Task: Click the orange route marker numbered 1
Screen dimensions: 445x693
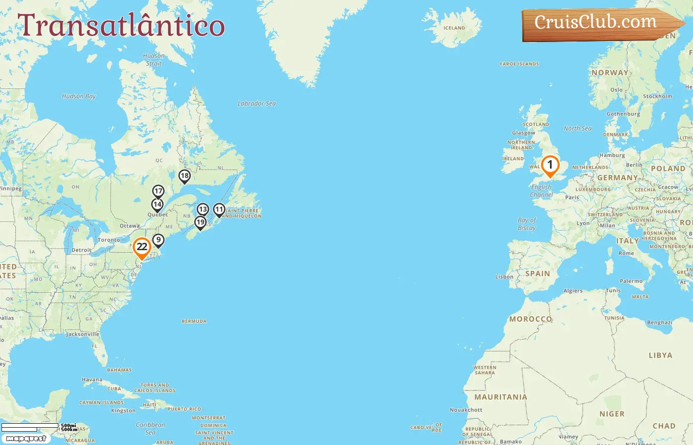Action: tap(549, 166)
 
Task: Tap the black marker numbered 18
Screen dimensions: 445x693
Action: tap(185, 176)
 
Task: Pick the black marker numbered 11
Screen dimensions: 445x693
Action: tap(219, 210)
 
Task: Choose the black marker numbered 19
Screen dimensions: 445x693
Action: tap(200, 222)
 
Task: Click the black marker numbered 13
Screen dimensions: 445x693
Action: tap(203, 210)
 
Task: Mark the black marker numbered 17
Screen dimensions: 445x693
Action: tap(158, 191)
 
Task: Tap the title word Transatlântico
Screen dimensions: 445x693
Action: tap(121, 26)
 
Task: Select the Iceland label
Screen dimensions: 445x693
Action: tap(454, 28)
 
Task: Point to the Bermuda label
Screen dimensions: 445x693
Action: tap(194, 321)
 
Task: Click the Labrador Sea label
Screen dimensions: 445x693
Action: tap(256, 104)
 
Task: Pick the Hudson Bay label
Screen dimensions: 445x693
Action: tap(79, 96)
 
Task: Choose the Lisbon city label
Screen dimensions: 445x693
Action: tap(504, 277)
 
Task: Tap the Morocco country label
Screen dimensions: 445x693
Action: tap(531, 319)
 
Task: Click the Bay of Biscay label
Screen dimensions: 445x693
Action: tap(527, 224)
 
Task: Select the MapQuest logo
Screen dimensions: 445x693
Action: tap(26, 439)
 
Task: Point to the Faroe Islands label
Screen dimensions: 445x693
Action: tap(519, 64)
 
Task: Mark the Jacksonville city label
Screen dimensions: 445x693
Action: tap(83, 334)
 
